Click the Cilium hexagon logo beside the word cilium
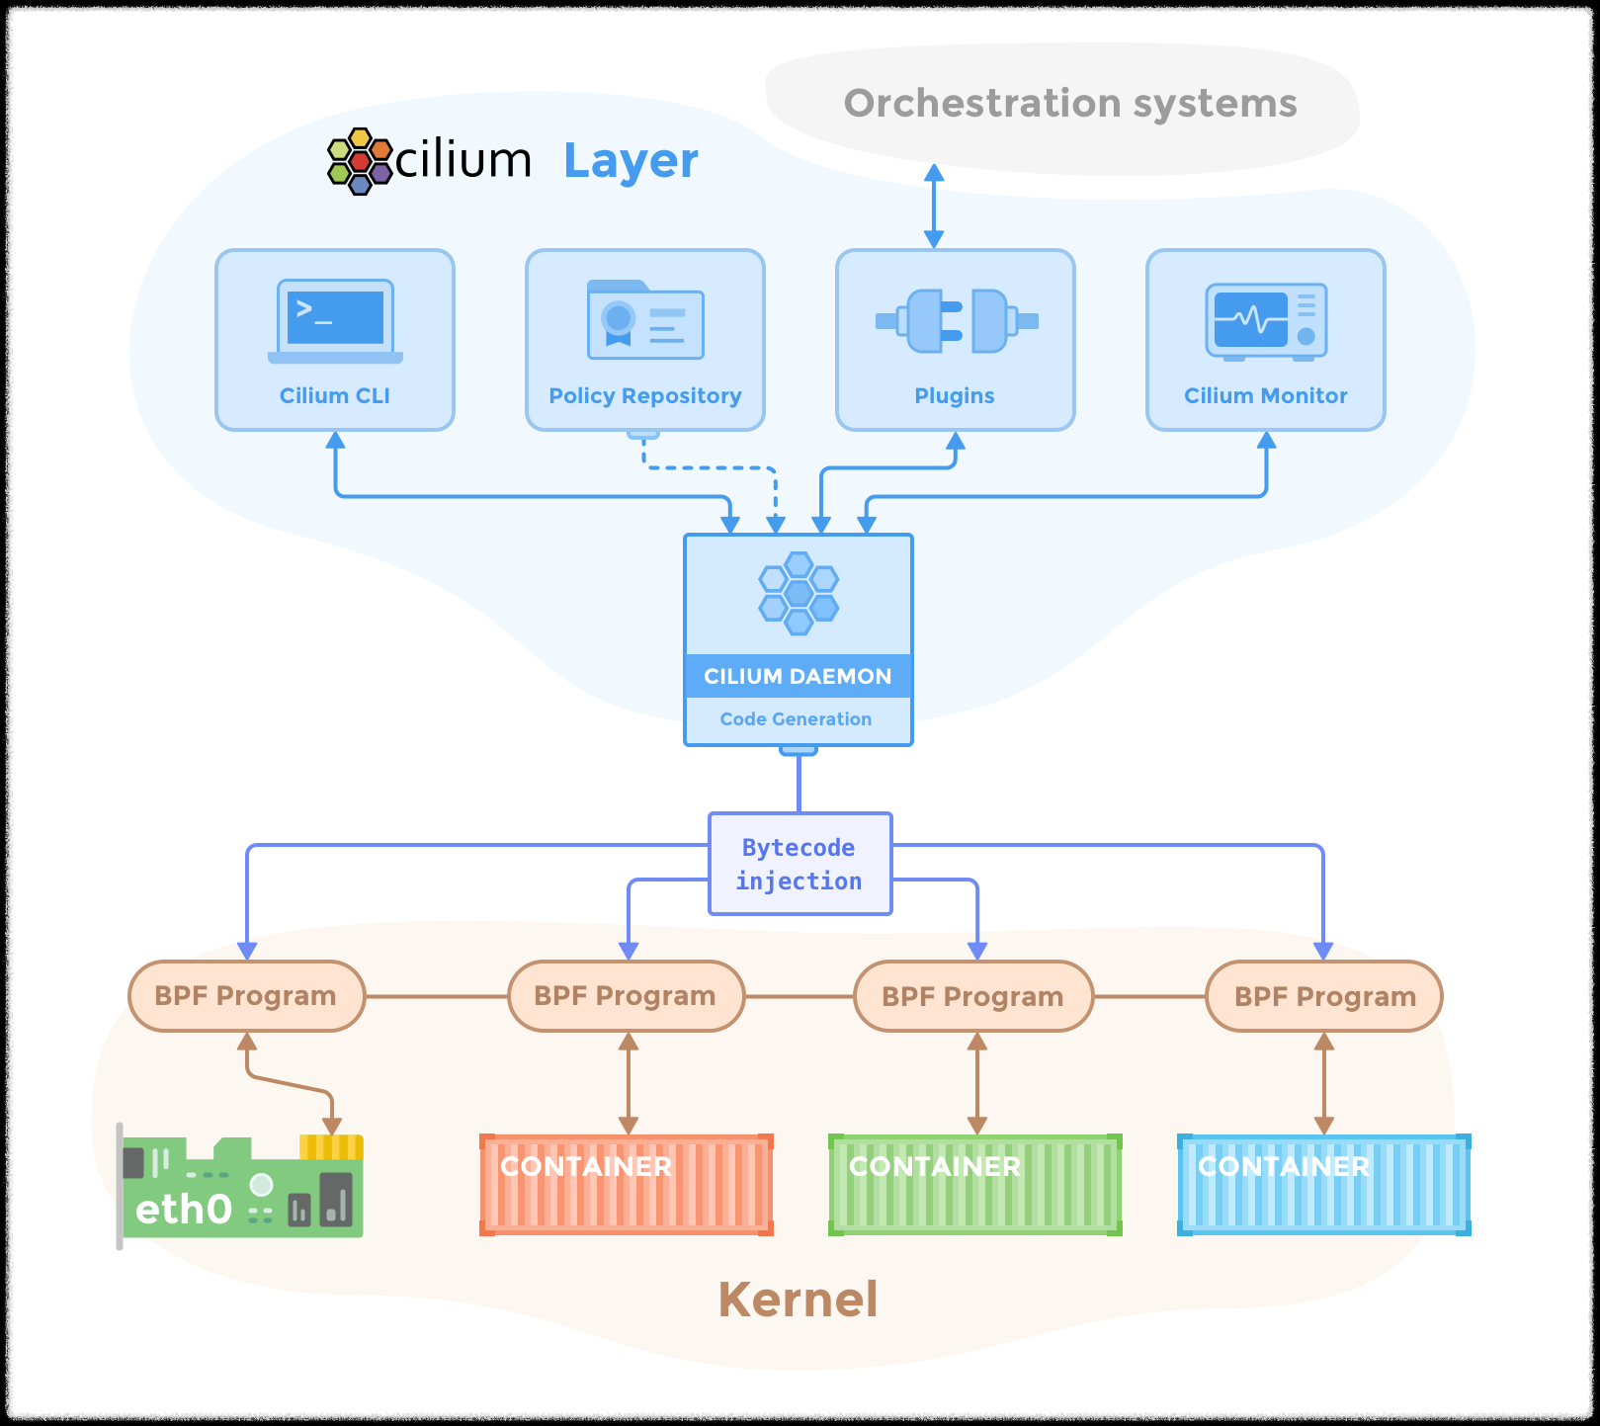tap(360, 161)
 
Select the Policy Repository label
tap(644, 395)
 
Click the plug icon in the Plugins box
tap(956, 320)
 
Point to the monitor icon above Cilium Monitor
tap(1266, 320)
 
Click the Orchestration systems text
tap(1069, 103)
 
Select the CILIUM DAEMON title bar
tap(798, 676)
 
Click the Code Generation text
tap(796, 719)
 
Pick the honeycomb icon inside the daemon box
tap(799, 593)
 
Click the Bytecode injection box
tap(800, 864)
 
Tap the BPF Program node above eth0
tap(246, 996)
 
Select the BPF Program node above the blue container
tap(1324, 996)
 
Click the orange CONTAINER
tap(627, 1185)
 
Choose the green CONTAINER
tap(975, 1185)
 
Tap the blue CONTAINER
tap(1324, 1185)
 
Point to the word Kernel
tap(798, 1299)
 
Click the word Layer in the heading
tap(631, 161)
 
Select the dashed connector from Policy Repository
tap(710, 467)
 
